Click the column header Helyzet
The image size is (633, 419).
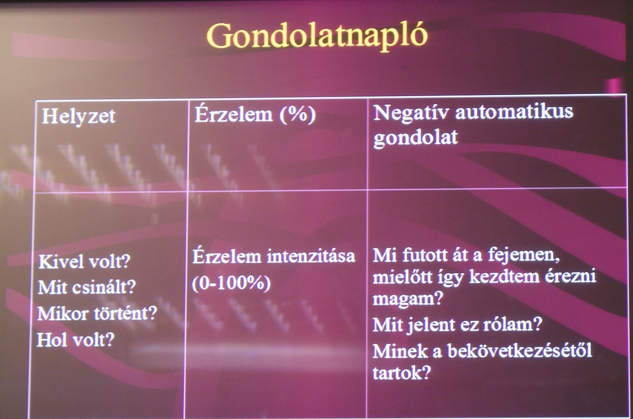(x=78, y=117)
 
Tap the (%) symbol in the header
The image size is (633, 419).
(x=298, y=114)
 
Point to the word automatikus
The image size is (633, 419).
(x=515, y=112)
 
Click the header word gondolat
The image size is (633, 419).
(x=415, y=138)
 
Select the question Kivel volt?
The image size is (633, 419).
(x=84, y=262)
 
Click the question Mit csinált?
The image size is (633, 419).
(x=87, y=287)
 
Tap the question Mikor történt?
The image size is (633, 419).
(x=97, y=313)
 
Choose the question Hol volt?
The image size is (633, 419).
(x=75, y=340)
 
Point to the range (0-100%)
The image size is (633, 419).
(x=231, y=283)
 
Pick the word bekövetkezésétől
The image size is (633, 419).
(x=520, y=351)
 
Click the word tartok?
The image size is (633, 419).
(x=402, y=372)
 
